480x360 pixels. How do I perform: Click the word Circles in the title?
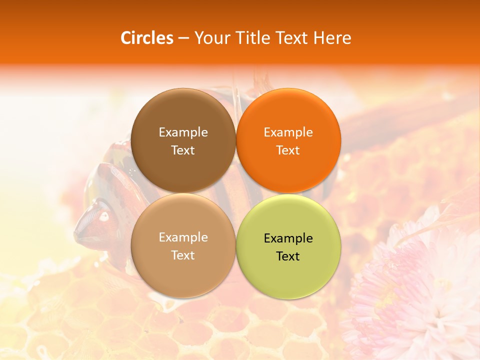pos(147,38)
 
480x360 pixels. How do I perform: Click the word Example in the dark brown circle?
pos(183,132)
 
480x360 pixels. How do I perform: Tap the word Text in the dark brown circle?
pos(183,150)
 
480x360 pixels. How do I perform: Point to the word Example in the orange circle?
pos(288,132)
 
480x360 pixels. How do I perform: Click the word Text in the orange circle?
pos(288,150)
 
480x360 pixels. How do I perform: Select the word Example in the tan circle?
pos(183,237)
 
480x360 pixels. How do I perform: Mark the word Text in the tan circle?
pos(183,255)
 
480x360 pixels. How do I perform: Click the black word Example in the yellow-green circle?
pos(288,238)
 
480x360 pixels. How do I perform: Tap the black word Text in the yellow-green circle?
pos(288,256)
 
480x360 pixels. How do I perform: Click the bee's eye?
pos(104,216)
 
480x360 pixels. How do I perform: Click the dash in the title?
pos(183,38)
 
